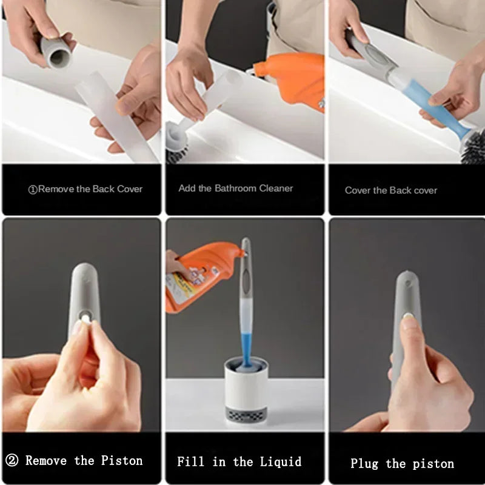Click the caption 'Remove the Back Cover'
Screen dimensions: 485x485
[85, 189]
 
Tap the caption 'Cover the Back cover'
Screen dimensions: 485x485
[391, 190]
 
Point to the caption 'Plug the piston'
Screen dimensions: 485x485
[402, 464]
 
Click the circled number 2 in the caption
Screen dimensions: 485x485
[11, 461]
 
